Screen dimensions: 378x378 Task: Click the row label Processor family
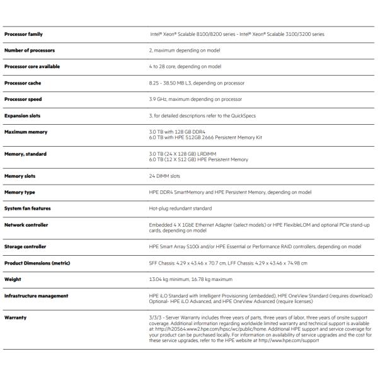pos(24,34)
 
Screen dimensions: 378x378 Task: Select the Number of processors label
pos(30,50)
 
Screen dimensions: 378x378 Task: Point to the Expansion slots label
pos(23,116)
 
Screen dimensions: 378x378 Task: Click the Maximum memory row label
pos(26,132)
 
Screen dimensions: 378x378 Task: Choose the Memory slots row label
pos(20,176)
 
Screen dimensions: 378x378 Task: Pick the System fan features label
pos(28,209)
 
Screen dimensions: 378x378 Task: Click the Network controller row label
pos(26,225)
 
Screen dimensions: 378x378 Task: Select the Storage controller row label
pos(25,247)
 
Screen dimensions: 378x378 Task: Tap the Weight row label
pos(13,280)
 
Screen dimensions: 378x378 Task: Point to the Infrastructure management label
pos(36,295)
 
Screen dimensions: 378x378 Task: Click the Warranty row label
pos(15,318)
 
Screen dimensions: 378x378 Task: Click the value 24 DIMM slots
pos(164,176)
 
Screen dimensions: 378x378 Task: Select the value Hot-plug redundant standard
pos(180,209)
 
